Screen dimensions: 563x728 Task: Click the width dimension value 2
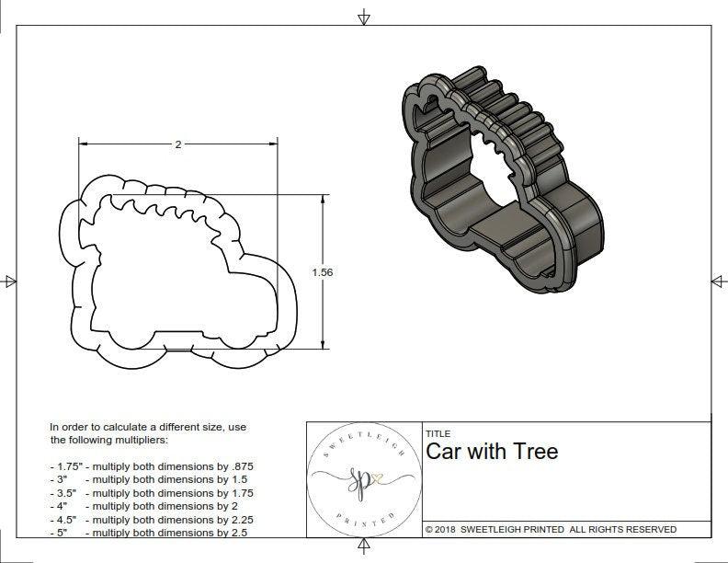click(177, 144)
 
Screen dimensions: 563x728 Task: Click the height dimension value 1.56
click(323, 271)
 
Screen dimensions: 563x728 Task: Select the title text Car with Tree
click(491, 452)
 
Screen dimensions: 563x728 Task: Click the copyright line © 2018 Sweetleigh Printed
click(551, 529)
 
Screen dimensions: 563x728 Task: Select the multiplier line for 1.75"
click(152, 466)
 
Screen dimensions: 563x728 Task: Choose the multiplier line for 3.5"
click(152, 493)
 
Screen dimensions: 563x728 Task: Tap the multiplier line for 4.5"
click(152, 519)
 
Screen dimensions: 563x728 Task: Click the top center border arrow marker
click(365, 17)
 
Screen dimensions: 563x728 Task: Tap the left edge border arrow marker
click(9, 281)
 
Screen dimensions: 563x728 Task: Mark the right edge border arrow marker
click(718, 281)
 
